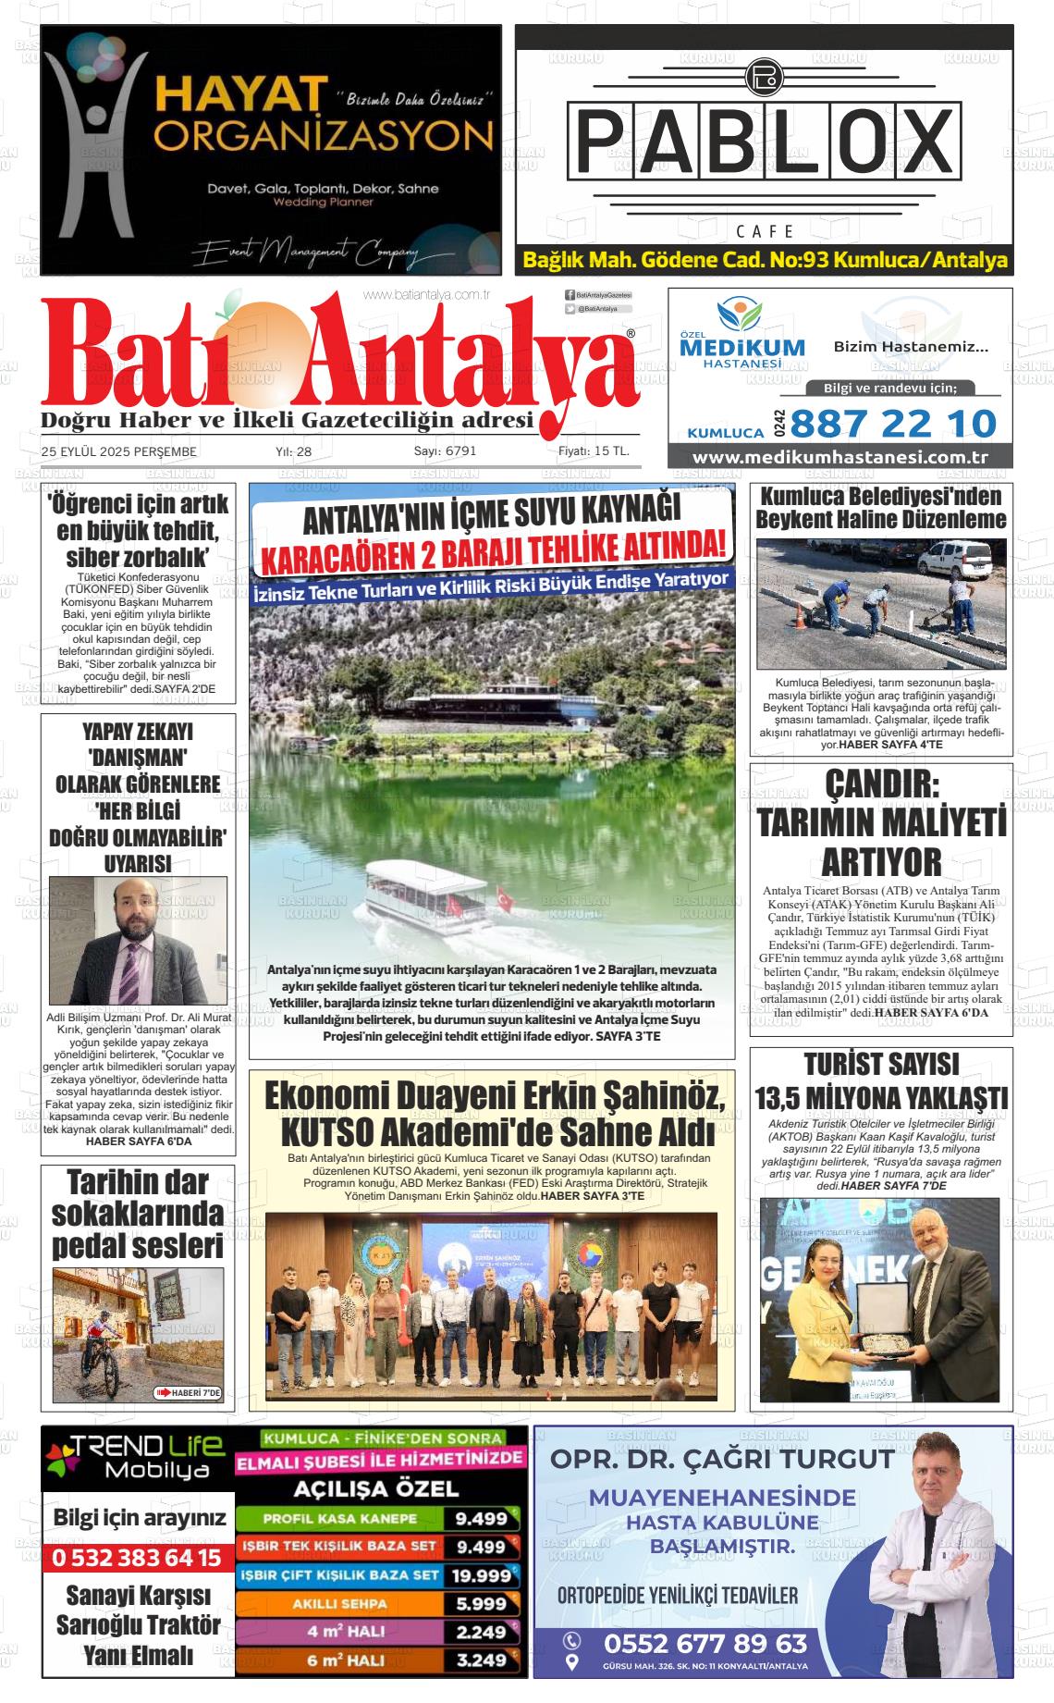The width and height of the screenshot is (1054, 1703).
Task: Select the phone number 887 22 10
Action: tap(893, 424)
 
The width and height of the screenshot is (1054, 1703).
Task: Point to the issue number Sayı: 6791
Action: tap(445, 451)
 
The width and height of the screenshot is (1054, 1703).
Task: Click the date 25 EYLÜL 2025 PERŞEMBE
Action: tap(118, 451)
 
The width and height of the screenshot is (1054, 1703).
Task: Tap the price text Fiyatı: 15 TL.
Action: tap(594, 451)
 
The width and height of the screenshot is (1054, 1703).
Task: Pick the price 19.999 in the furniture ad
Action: tap(481, 1575)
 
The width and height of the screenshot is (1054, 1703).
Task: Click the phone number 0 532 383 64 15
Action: tap(137, 1558)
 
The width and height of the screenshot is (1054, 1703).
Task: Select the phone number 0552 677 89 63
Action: tap(705, 1644)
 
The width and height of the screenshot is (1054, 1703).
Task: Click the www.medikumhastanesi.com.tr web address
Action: tap(840, 458)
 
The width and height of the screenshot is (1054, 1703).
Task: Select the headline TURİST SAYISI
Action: tap(881, 1064)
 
